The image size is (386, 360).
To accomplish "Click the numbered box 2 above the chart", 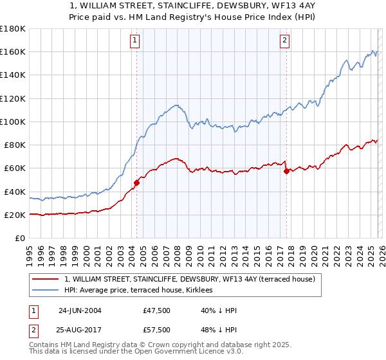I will (x=284, y=40).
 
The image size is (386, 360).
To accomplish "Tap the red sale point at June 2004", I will (x=136, y=183).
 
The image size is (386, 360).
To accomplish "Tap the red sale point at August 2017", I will (x=286, y=171).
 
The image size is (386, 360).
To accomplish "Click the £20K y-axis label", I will (x=15, y=215).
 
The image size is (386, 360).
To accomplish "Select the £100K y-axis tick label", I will (x=13, y=122).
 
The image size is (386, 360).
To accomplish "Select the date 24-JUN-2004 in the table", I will (x=80, y=310).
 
